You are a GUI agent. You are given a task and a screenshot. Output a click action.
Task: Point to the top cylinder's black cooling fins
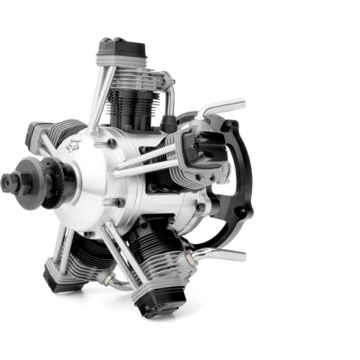point(135,99)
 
